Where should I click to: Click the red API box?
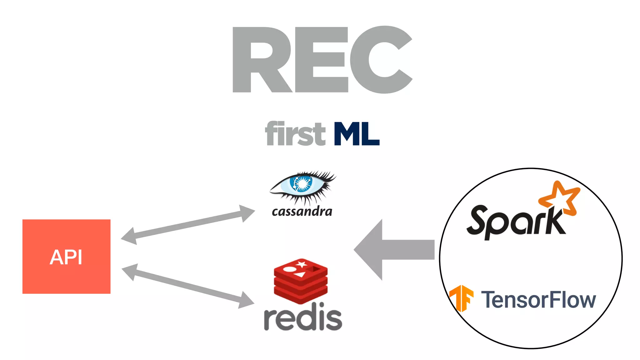[66, 256]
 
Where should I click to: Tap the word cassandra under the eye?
[302, 212]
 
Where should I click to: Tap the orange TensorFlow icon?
[461, 298]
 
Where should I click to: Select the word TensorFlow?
[538, 300]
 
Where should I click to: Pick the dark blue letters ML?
[356, 134]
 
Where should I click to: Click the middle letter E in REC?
[322, 59]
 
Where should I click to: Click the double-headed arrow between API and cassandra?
[187, 224]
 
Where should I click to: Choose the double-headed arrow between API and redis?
[187, 286]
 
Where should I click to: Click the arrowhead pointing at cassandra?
[247, 213]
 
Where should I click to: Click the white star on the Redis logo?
[302, 264]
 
